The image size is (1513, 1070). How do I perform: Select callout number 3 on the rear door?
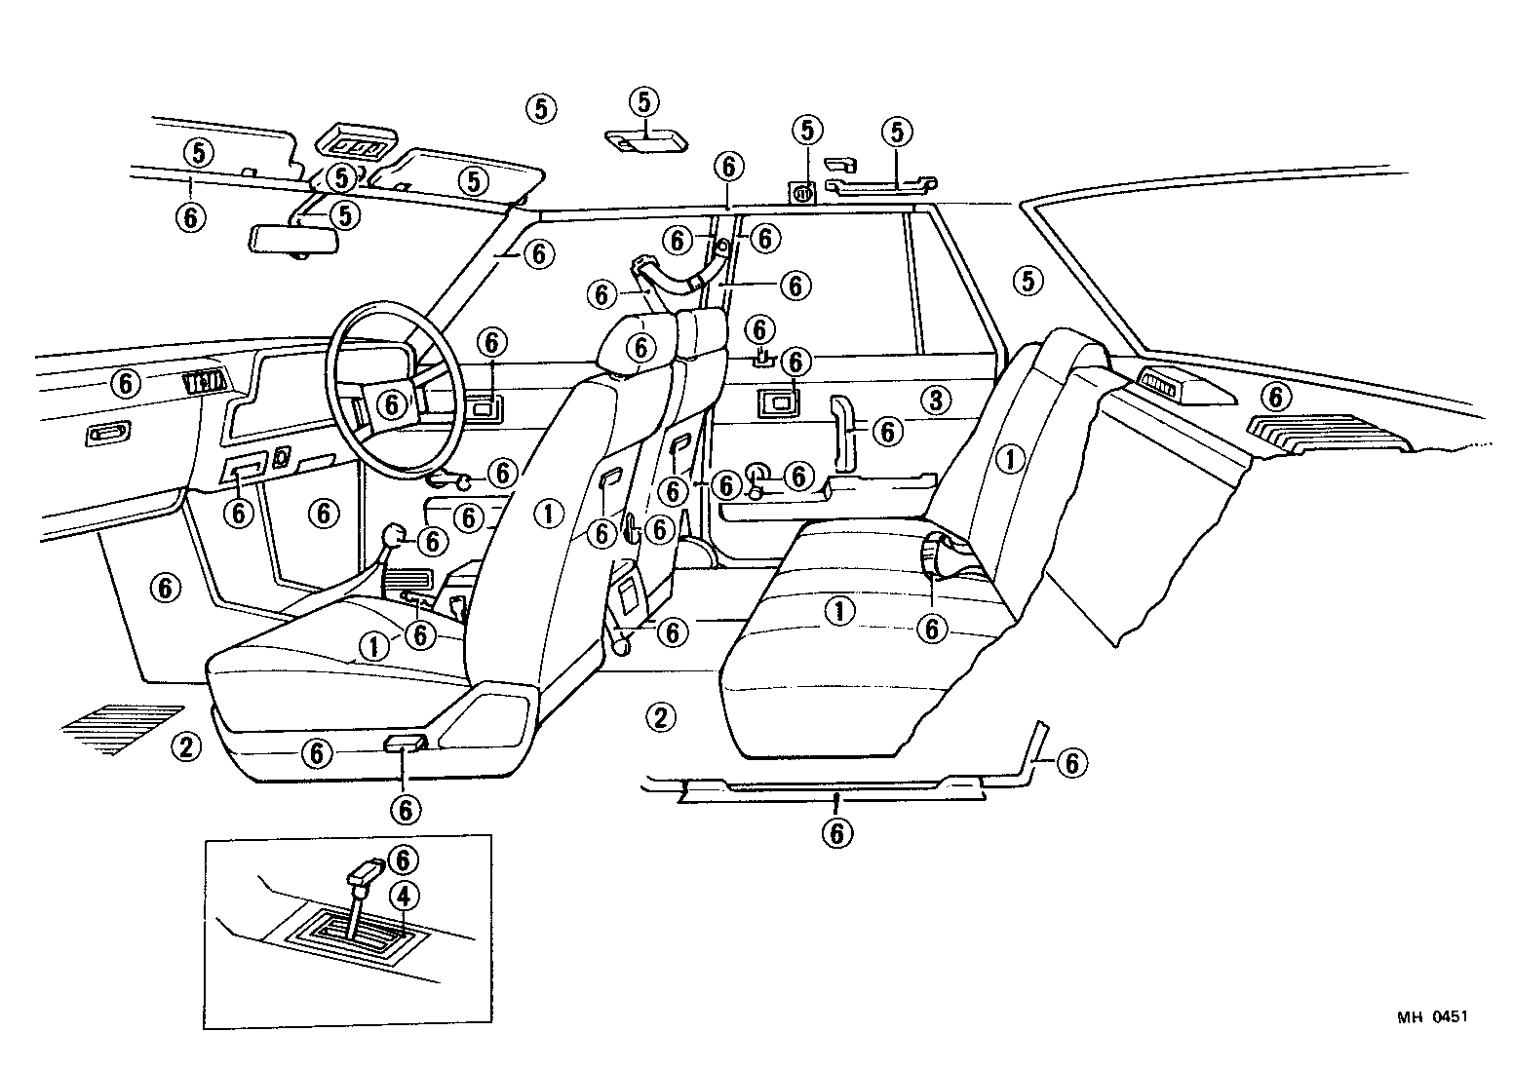point(935,400)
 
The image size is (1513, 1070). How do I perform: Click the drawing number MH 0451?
point(1431,1017)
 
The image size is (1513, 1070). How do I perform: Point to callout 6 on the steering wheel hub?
point(392,402)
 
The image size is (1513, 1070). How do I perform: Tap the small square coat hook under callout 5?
point(801,193)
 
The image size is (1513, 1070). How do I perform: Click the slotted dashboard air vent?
point(204,383)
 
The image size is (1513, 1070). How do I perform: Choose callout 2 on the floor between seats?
point(660,718)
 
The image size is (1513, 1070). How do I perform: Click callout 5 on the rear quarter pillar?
point(1028,281)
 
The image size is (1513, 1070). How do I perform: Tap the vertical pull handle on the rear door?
point(841,427)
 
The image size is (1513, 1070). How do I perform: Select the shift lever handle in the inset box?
point(368,869)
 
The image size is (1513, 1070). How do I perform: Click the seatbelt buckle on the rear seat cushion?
point(939,555)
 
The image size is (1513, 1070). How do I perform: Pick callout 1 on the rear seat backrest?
point(1010,458)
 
